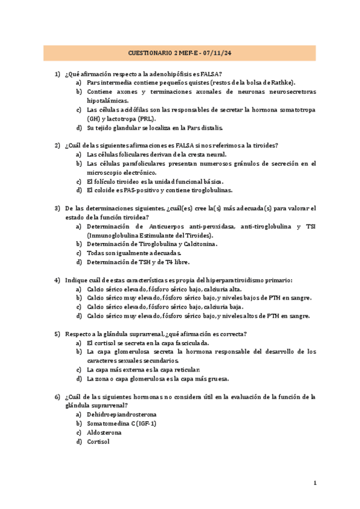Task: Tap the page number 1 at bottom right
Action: pyautogui.click(x=315, y=483)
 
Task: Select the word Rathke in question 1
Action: pyautogui.click(x=283, y=83)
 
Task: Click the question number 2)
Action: pyautogui.click(x=57, y=145)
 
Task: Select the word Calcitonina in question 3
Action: pyautogui.click(x=197, y=244)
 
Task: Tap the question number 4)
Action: pyautogui.click(x=57, y=280)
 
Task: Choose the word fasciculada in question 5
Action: pyautogui.click(x=187, y=343)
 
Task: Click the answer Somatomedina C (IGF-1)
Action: pyautogui.click(x=121, y=423)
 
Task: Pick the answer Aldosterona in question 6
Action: pyautogui.click(x=104, y=432)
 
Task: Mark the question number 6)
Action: pyautogui.click(x=57, y=397)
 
